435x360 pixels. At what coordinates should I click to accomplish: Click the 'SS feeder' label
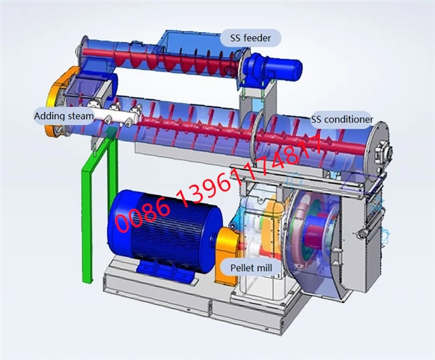click(248, 38)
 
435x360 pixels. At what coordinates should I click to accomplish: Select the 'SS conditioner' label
click(341, 120)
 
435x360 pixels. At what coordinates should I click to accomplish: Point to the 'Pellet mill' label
click(250, 266)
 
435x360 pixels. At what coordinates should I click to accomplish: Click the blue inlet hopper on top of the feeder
click(181, 47)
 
